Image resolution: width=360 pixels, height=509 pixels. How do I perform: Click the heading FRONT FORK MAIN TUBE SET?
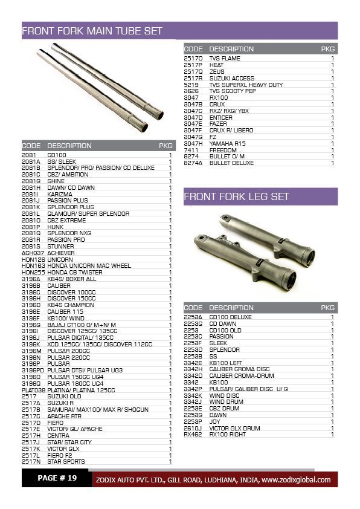pos(92,30)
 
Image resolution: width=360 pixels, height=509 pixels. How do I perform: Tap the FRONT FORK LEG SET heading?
pos(236,196)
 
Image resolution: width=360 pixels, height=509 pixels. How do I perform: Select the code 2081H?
pos(31,187)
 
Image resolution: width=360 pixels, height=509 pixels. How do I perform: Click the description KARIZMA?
pos(60,194)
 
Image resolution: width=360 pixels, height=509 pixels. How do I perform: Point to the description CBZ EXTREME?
pos(66,220)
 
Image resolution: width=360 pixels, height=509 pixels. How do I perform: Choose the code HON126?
pos(33,259)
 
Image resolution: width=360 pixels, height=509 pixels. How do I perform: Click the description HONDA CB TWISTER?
pos(75,273)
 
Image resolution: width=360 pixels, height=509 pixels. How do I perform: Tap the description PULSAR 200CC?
pos(68,351)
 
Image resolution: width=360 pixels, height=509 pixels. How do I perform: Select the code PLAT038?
pos(34,390)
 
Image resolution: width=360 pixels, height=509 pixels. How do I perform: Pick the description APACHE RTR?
pos(65,416)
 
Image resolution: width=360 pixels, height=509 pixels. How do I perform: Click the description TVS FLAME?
pos(225,59)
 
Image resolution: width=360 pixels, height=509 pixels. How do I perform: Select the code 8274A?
pos(193,163)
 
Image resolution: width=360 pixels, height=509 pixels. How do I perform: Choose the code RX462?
pos(193,434)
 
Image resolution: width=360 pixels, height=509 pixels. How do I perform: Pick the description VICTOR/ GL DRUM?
pos(234,428)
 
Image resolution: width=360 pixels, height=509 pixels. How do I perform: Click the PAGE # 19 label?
pos(57,478)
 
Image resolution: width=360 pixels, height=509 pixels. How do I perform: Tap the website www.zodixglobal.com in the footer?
pos(296,480)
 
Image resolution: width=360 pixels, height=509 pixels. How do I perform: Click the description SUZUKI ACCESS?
pos(232,78)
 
